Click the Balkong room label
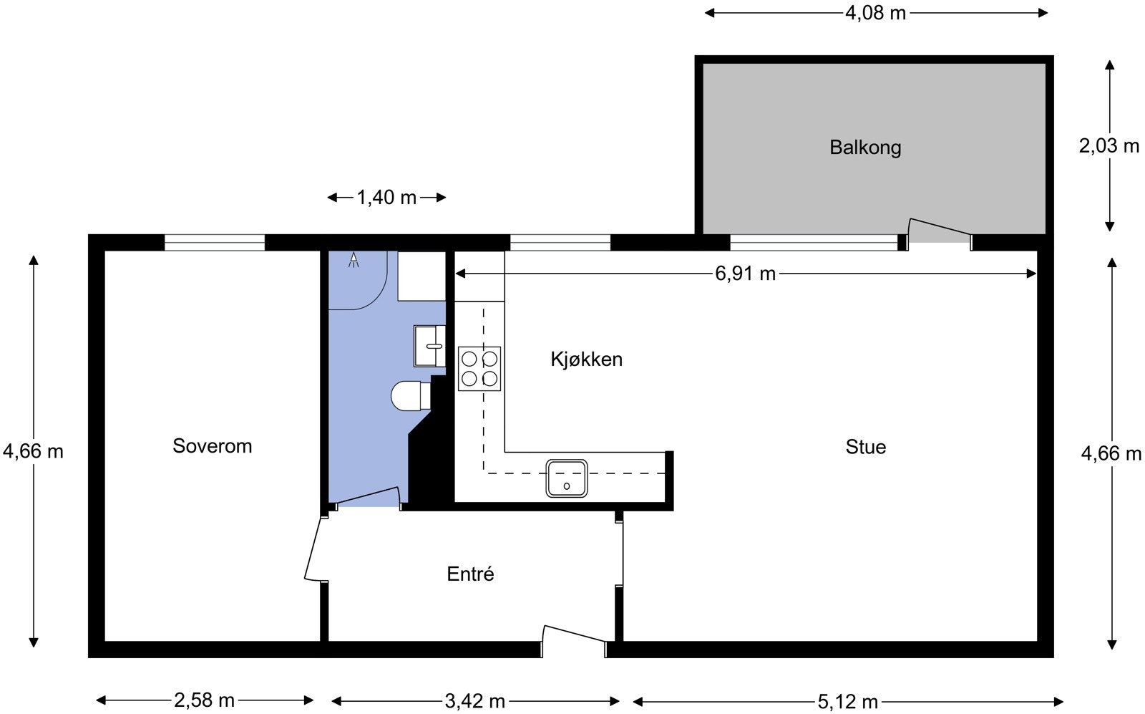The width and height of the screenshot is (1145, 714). pyautogui.click(x=865, y=148)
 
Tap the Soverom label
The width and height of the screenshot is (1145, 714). pyautogui.click(x=212, y=446)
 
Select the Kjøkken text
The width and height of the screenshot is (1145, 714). pyautogui.click(x=586, y=359)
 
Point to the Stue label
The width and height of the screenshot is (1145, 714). pyautogui.click(x=865, y=447)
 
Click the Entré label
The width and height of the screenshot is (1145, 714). pyautogui.click(x=470, y=574)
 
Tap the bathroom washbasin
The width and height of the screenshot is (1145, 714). pyautogui.click(x=429, y=347)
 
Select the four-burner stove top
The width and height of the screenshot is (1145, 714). pyautogui.click(x=479, y=369)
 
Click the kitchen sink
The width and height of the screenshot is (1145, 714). pyautogui.click(x=566, y=478)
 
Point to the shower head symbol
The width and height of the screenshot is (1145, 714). pyautogui.click(x=354, y=260)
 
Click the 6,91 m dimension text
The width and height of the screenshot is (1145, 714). pyautogui.click(x=745, y=274)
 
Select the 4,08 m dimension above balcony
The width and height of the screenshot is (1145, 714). pyautogui.click(x=875, y=14)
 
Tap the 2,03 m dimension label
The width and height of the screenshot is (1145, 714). pyautogui.click(x=1109, y=146)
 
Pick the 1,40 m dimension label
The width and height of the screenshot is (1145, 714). pyautogui.click(x=386, y=198)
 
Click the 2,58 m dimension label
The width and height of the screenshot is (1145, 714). pyautogui.click(x=204, y=700)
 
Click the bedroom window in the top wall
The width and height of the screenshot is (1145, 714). pyautogui.click(x=215, y=243)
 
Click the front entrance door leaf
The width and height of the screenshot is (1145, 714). pyautogui.click(x=574, y=633)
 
